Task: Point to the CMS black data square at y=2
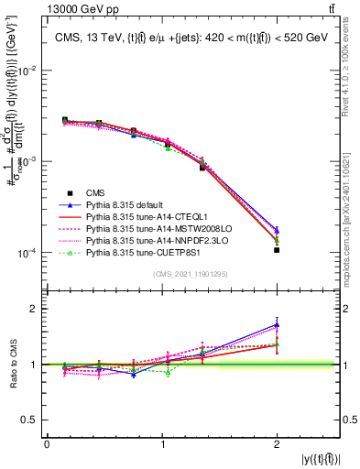click(277, 250)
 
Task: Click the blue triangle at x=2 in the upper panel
click(277, 230)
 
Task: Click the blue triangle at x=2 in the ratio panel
click(277, 324)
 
